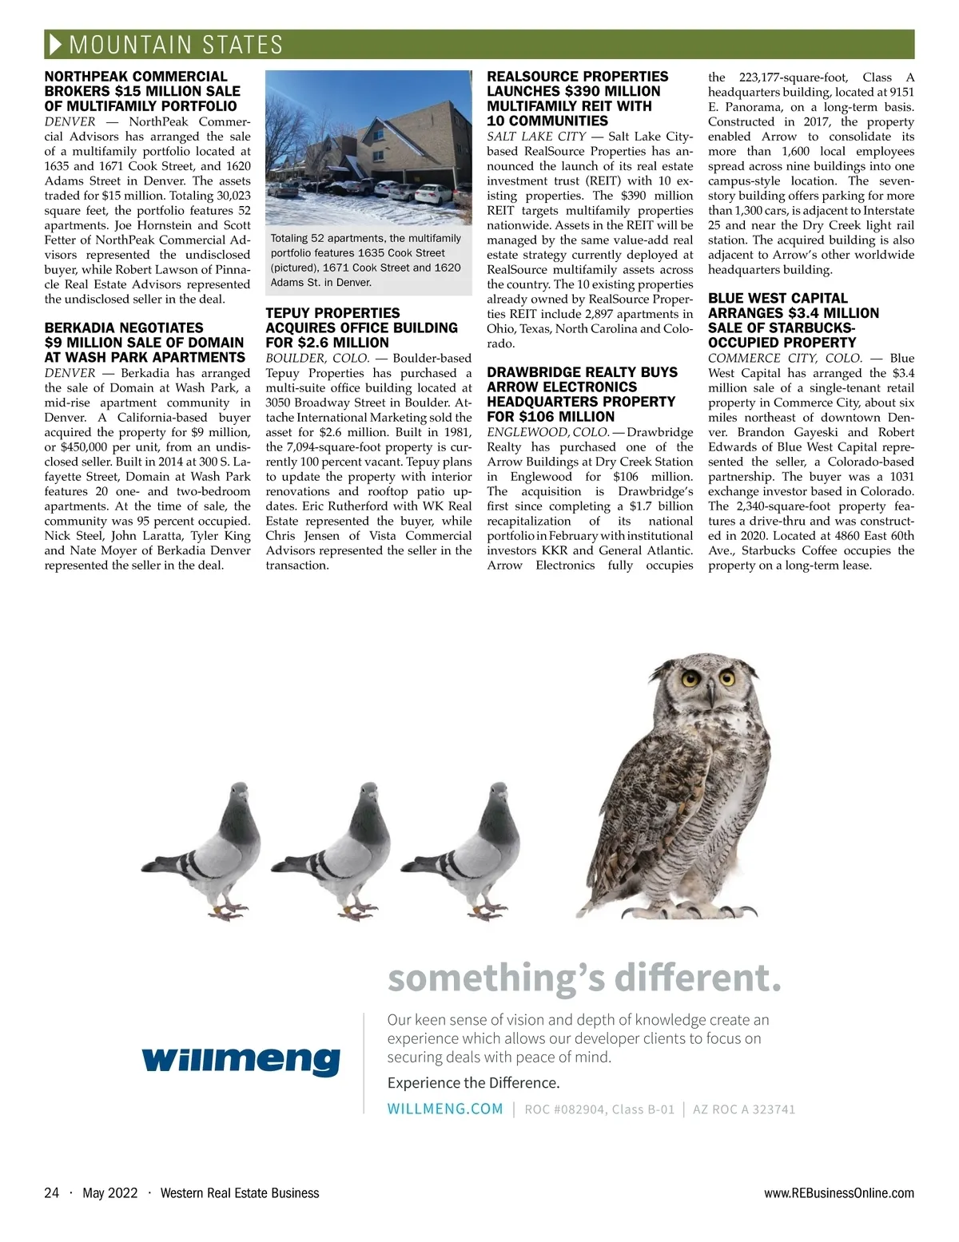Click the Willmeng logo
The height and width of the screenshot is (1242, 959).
241,1060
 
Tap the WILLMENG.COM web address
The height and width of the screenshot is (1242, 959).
445,1109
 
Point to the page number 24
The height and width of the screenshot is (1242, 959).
52,1193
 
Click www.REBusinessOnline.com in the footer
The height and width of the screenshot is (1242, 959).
839,1193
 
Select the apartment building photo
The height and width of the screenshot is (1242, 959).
369,148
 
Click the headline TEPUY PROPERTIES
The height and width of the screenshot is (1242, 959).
332,313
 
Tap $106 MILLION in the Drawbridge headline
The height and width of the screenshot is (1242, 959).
551,416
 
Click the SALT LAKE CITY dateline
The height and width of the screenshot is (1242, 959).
536,137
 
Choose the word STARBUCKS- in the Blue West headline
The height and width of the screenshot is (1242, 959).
805,327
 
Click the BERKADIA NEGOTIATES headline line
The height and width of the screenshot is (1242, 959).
124,327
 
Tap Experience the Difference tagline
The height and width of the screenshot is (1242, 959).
473,1083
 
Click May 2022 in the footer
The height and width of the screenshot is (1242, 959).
110,1193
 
